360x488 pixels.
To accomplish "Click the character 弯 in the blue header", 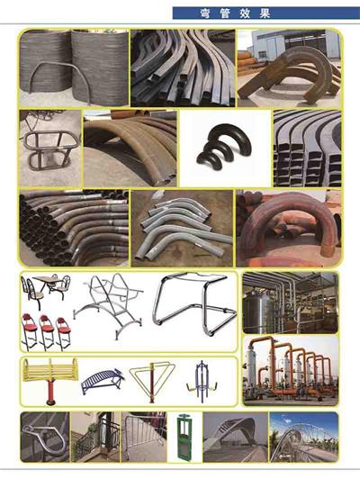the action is click(204, 14).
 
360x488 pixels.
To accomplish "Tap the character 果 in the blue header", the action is click(265, 14).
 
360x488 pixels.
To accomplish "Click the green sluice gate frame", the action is click(184, 437).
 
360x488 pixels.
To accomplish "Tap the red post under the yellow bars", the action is click(50, 391).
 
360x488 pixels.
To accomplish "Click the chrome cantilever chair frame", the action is click(194, 303).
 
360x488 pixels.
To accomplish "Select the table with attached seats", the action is click(46, 289).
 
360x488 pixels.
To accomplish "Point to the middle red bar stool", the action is click(47, 332).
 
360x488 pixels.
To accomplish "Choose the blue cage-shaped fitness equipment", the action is click(201, 382).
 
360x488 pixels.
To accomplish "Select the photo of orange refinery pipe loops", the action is click(291, 370).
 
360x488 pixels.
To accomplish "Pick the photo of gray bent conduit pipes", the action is click(182, 229).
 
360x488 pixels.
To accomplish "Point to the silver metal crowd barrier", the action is click(145, 437).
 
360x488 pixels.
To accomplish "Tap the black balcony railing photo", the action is click(95, 437).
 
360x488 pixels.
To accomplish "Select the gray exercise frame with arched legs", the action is click(108, 306).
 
